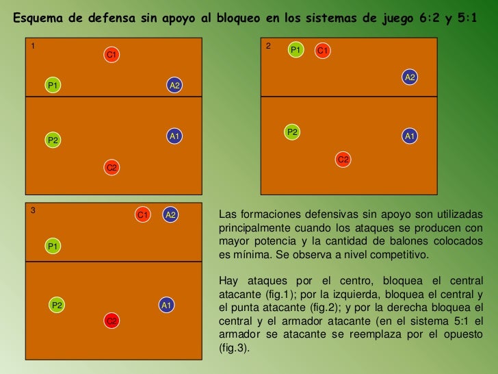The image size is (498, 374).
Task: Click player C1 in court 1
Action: point(112,54)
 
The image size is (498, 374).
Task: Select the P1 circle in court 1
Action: point(52,86)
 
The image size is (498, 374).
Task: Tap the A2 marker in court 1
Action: point(174,86)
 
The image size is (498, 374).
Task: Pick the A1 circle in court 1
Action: point(174,136)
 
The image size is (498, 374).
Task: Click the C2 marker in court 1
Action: point(112,168)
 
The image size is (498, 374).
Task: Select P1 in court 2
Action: point(296,50)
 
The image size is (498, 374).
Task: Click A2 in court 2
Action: point(410,77)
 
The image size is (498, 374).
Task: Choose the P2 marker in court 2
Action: point(292,132)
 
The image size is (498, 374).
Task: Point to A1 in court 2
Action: point(410,136)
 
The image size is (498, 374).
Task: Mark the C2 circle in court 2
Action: point(343,160)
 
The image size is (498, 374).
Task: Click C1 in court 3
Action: point(143,215)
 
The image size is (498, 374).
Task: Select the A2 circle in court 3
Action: point(170,215)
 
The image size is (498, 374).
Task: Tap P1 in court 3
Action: point(53,245)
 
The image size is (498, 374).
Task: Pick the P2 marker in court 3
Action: point(57,305)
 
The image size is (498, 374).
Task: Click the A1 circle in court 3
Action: point(166,305)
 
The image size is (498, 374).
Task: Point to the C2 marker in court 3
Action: point(112,321)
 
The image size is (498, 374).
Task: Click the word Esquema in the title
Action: point(42,18)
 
